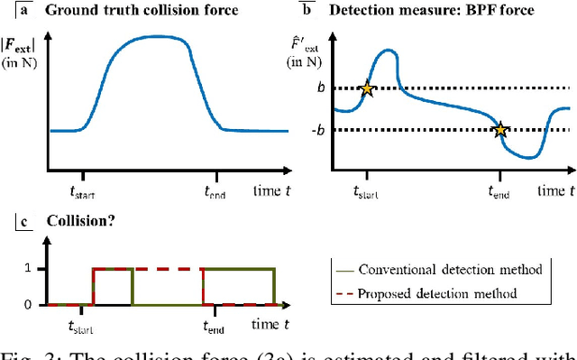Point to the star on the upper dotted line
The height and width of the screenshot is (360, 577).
click(367, 88)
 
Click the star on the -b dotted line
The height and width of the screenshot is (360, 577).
click(502, 129)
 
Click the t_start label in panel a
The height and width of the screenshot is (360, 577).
click(82, 190)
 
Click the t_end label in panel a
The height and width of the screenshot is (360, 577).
click(214, 190)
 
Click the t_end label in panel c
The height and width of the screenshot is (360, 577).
click(214, 327)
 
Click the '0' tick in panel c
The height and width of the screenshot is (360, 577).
click(29, 304)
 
